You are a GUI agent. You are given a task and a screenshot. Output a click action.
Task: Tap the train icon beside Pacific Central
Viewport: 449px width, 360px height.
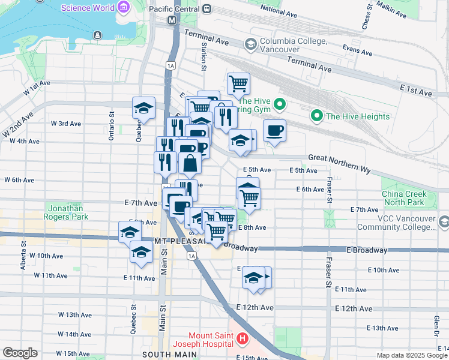[x=207, y=8]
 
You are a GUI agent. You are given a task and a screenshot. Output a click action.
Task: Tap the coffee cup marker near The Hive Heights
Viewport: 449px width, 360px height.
[x=274, y=131]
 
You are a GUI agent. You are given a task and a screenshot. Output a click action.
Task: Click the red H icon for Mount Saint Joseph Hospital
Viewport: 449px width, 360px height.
[x=243, y=340]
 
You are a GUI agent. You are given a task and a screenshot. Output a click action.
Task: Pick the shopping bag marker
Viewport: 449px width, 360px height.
[x=190, y=163]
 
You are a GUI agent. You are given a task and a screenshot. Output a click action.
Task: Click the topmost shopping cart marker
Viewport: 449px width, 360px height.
[x=238, y=83]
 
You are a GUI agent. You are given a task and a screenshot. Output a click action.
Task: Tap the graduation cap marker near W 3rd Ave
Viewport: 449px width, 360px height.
[x=143, y=108]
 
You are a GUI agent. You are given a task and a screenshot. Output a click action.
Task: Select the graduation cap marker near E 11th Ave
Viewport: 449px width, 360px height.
[x=254, y=278]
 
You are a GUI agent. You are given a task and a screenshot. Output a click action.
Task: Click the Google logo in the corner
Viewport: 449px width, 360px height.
[x=20, y=353]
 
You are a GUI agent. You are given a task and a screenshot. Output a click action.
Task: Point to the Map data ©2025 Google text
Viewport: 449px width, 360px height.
[x=412, y=355]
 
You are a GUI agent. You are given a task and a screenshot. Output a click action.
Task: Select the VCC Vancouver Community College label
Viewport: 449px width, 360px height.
[x=396, y=223]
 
